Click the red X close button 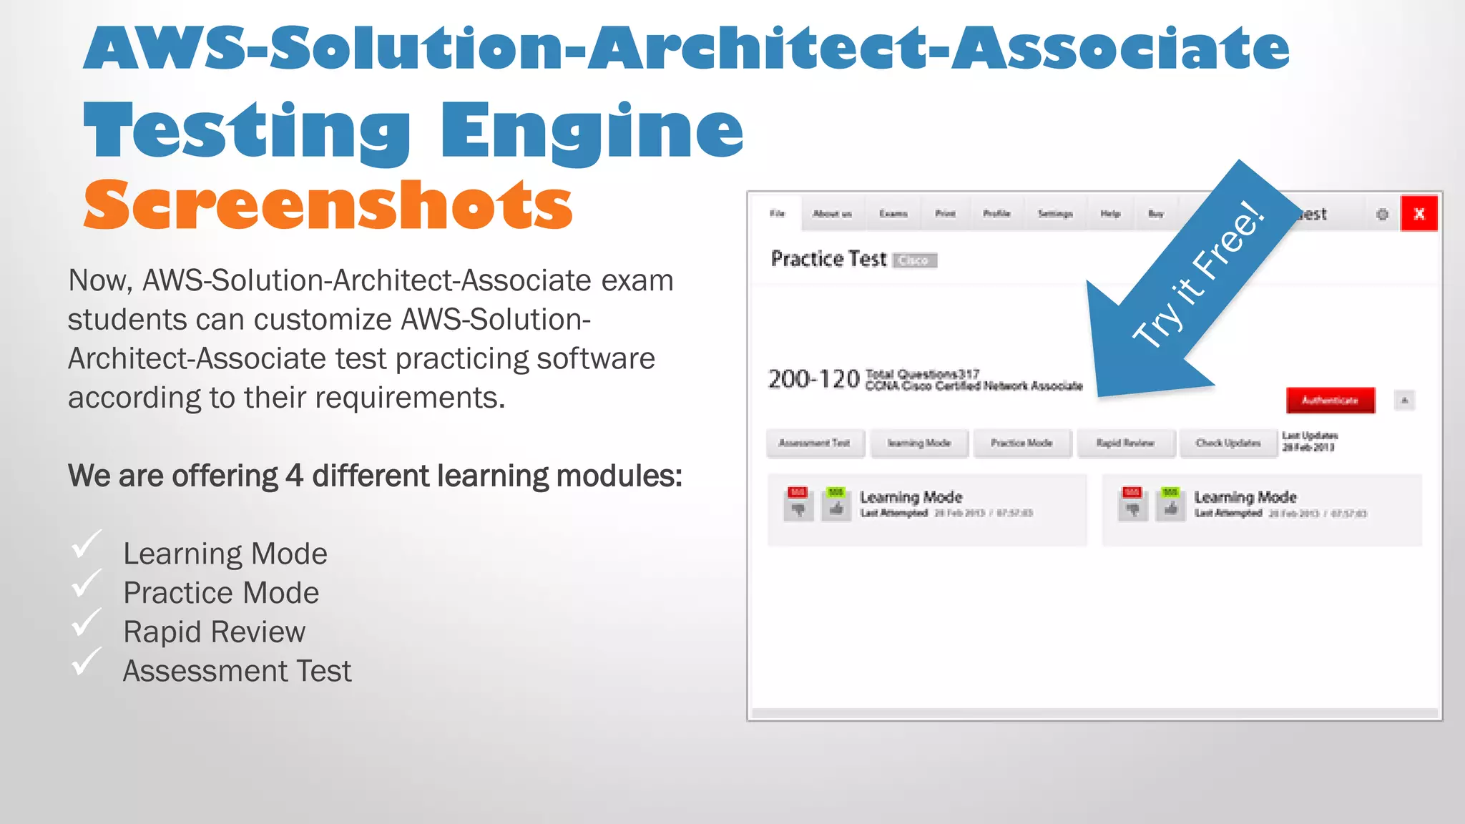pos(1419,213)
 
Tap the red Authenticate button pos(1330,401)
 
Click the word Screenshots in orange pos(328,206)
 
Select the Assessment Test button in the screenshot pos(815,443)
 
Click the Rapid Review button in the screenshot pos(1125,443)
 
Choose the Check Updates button pos(1228,443)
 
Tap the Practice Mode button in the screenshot pos(1021,443)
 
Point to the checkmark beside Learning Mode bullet pos(87,545)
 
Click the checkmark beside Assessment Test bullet pos(87,662)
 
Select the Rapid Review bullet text pos(214,632)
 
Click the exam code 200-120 pos(813,379)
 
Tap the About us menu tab pos(832,214)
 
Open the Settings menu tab pos(1055,214)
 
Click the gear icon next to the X pos(1382,214)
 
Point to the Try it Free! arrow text pos(1199,275)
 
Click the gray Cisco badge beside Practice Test pos(913,260)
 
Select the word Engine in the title pos(592,130)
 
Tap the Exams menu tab pos(893,214)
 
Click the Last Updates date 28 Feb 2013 pos(1308,448)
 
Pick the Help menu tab pos(1110,214)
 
